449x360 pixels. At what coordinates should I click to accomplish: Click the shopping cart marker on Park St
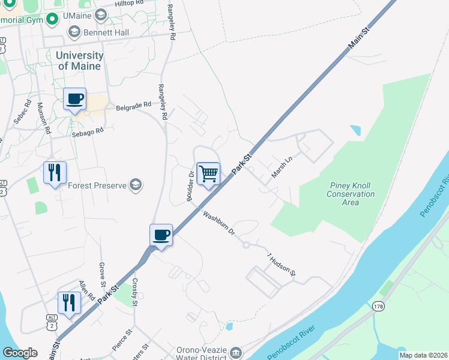point(208,174)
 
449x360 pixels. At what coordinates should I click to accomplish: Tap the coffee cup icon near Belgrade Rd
point(74,99)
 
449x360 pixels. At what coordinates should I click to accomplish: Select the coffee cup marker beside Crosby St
point(161,235)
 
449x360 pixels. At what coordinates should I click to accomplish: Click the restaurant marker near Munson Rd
point(55,173)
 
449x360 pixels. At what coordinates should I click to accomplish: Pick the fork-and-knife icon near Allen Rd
point(69,303)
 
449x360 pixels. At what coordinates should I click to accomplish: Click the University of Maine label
point(79,61)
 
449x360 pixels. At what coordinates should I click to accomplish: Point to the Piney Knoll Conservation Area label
point(351,194)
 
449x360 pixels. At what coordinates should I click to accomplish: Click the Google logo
point(20,353)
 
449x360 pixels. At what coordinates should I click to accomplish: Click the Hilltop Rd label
point(128,3)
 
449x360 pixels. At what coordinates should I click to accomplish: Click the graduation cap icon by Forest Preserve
point(136,185)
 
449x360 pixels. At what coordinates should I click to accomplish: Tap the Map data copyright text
point(423,355)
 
